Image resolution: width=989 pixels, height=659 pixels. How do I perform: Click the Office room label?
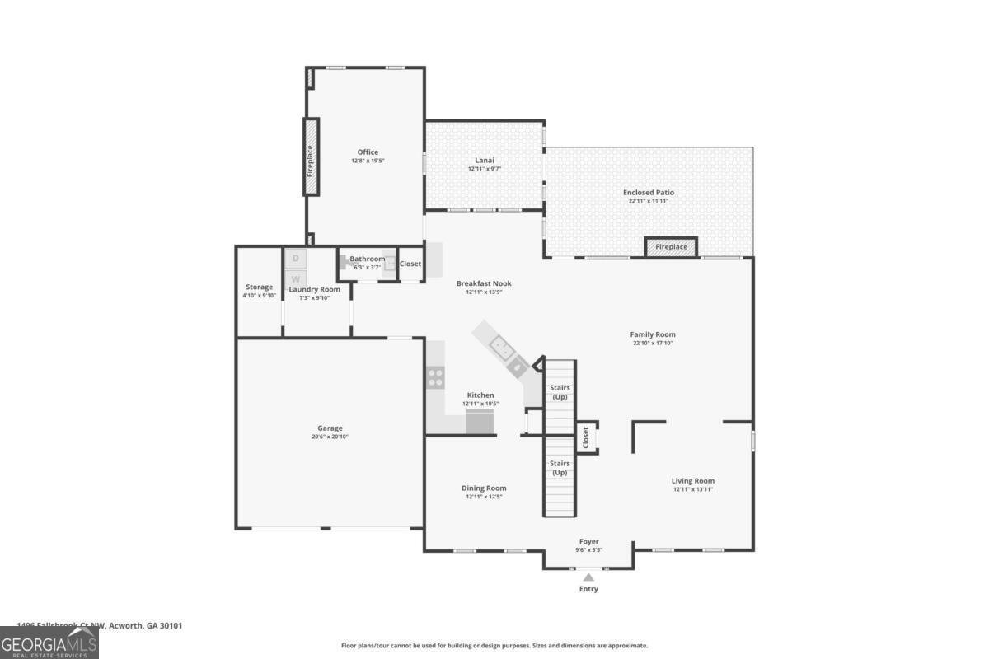[368, 152]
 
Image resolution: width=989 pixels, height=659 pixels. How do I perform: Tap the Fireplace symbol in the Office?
[311, 157]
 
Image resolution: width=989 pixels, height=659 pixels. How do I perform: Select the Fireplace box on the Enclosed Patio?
[671, 246]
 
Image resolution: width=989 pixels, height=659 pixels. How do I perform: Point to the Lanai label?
[484, 160]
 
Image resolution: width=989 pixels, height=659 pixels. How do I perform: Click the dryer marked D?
[296, 259]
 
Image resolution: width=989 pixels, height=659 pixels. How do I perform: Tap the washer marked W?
[296, 279]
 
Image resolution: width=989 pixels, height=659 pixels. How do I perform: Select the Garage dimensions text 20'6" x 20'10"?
[330, 437]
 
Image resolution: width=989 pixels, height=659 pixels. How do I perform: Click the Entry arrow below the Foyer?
[588, 578]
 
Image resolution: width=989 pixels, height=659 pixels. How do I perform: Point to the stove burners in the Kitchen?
[435, 378]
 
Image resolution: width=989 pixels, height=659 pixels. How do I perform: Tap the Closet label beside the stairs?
[585, 437]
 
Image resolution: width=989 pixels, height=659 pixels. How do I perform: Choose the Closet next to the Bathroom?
[410, 264]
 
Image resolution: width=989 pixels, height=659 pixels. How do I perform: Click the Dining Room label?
[484, 488]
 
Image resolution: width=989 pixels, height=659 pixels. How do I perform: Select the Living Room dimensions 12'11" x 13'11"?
[692, 489]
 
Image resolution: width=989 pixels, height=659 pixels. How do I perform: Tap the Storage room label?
[259, 287]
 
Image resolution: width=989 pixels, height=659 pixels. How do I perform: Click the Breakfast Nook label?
[484, 283]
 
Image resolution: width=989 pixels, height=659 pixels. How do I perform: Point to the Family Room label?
[653, 334]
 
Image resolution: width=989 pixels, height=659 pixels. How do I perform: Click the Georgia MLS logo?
[49, 643]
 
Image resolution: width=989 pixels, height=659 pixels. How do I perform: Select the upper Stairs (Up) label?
[560, 392]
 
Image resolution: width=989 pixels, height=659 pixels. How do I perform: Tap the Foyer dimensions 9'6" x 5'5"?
[588, 549]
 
